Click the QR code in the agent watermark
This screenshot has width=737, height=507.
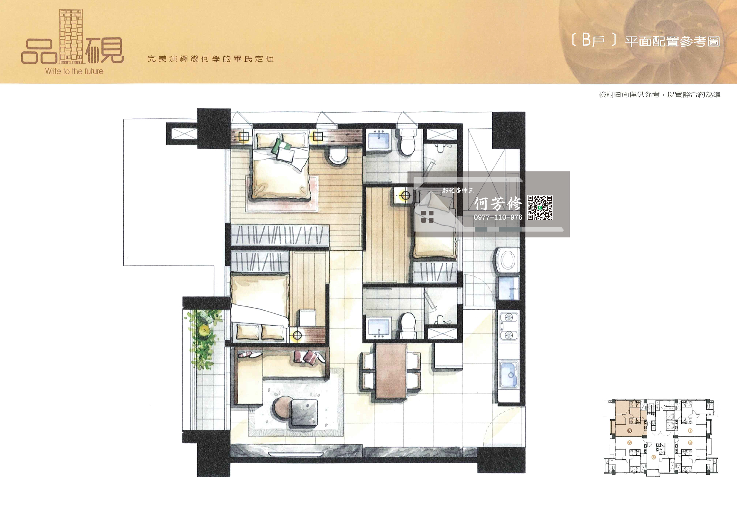pyautogui.click(x=540, y=207)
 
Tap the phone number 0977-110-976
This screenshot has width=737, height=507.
pyautogui.click(x=498, y=217)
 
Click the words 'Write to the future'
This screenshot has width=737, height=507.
pyautogui.click(x=74, y=71)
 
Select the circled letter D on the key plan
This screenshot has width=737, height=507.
pyautogui.click(x=690, y=431)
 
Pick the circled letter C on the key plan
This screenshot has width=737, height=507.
pyautogui.click(x=654, y=457)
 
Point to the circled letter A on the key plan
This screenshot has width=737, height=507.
pyautogui.click(x=629, y=443)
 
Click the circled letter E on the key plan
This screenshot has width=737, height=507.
pyautogui.click(x=690, y=443)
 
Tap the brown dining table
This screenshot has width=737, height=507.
pyautogui.click(x=391, y=371)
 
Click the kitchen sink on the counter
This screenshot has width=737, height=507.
pyautogui.click(x=509, y=374)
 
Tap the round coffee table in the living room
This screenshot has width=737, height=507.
pyautogui.click(x=283, y=408)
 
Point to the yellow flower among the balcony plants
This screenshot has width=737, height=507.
pyautogui.click(x=205, y=329)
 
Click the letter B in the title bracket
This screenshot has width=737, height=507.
pyautogui.click(x=586, y=40)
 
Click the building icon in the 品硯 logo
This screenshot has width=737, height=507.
pyautogui.click(x=71, y=36)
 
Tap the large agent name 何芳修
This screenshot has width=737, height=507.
pyautogui.click(x=498, y=204)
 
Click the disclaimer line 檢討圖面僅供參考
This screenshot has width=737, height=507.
pyautogui.click(x=629, y=95)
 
